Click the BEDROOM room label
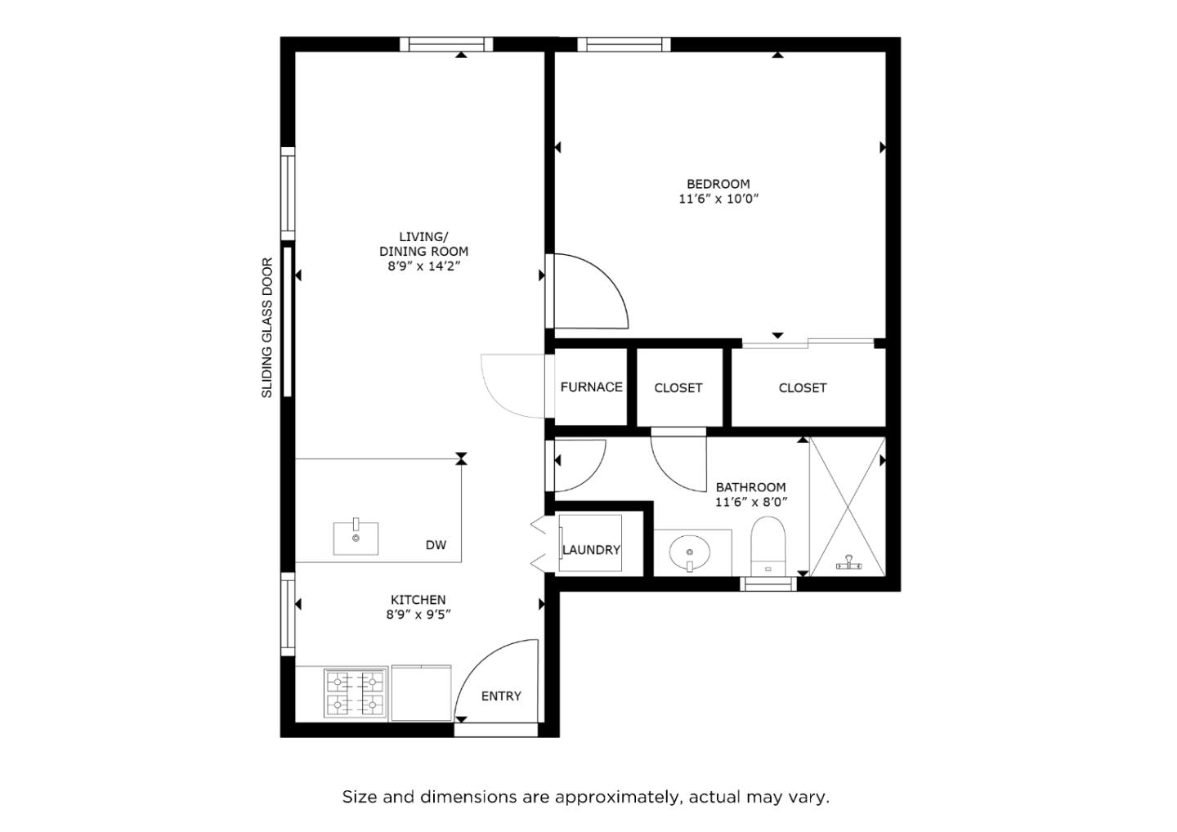coord(718,184)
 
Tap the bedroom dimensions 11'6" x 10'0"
coord(718,199)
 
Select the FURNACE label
coord(591,387)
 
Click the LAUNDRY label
coord(591,550)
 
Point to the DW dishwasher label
coord(436,545)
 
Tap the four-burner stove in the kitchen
coord(356,693)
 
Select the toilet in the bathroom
coord(768,546)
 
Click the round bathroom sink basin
coord(689,552)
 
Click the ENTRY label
coord(501,696)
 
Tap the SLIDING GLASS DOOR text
coord(267,328)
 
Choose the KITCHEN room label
coord(418,599)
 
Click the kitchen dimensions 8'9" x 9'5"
coord(418,615)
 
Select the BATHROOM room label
coord(751,487)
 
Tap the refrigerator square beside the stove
coord(422,693)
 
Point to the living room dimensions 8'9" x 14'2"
coord(424,266)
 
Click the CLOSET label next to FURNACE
coord(678,387)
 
